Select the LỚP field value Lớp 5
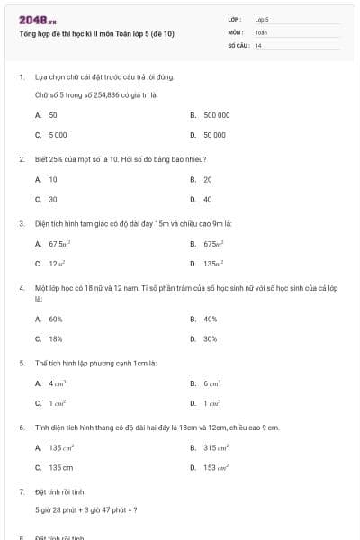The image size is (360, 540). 262,18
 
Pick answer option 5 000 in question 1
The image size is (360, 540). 58,134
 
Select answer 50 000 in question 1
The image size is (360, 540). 214,134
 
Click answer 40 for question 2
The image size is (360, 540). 208,199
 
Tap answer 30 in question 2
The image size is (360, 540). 53,199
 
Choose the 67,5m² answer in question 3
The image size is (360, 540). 59,244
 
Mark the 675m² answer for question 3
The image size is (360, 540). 213,244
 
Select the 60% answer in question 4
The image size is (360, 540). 56,319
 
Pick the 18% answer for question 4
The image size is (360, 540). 56,338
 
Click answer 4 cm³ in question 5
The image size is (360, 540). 58,383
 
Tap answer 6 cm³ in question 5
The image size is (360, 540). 212,383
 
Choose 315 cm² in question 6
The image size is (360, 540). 216,448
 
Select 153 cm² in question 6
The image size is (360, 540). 216,468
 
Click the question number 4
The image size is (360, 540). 21,288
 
